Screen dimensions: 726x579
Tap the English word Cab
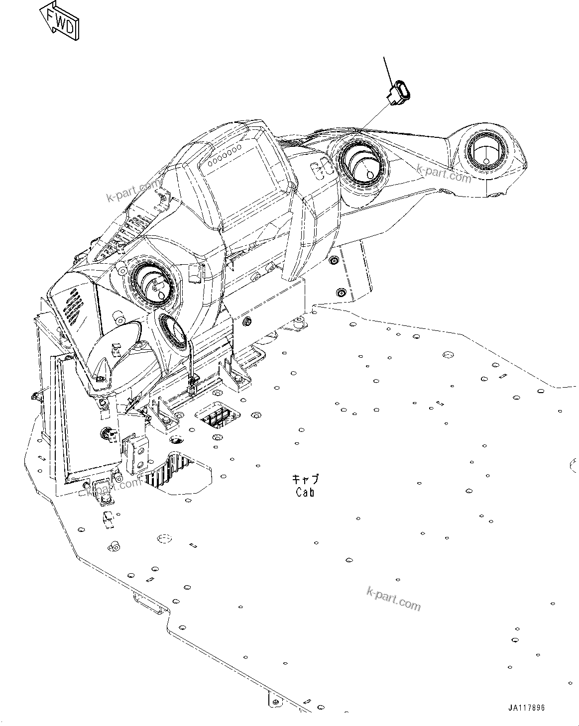point(305,493)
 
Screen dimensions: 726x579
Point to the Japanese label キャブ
point(305,480)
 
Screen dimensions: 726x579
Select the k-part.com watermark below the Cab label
point(393,597)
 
